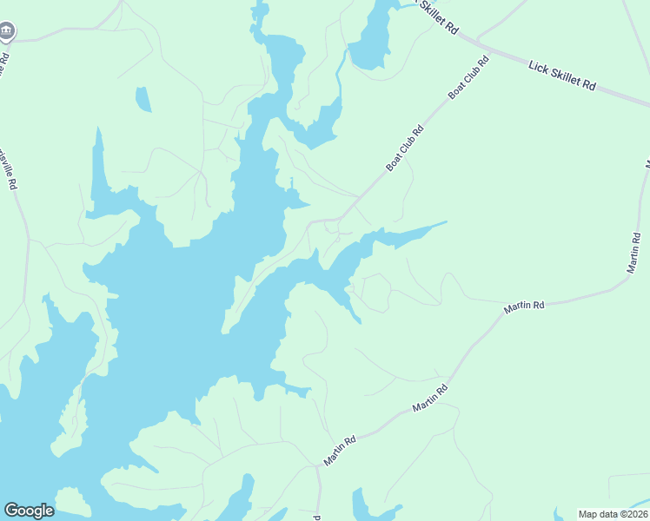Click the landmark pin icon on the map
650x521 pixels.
[7, 32]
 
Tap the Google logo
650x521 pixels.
[29, 511]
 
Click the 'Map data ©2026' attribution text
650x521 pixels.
[613, 514]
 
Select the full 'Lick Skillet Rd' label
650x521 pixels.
[563, 74]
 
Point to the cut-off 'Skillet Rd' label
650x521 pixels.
[439, 17]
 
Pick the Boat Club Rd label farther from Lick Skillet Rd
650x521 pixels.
[405, 148]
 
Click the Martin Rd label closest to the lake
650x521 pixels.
[341, 452]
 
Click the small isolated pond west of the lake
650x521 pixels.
[143, 100]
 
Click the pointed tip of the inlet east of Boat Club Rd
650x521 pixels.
[445, 222]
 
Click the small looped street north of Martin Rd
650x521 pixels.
[371, 293]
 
